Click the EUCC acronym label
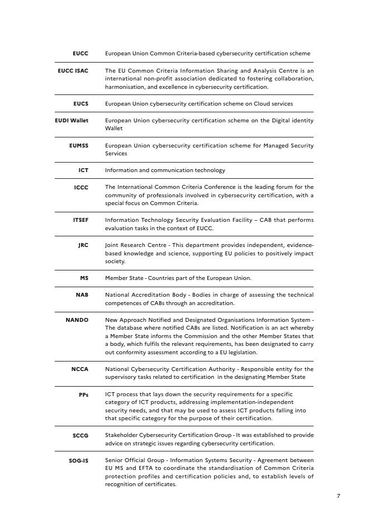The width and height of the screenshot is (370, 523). pyautogui.click(x=80, y=54)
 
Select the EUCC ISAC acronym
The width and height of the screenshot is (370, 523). pyautogui.click(x=73, y=71)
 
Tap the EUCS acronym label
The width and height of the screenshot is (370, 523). pyautogui.click(x=80, y=104)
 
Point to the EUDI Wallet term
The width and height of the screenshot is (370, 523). pyautogui.click(x=72, y=121)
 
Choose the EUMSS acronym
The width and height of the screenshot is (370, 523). pyautogui.click(x=79, y=146)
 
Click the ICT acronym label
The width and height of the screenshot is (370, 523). pyautogui.click(x=83, y=170)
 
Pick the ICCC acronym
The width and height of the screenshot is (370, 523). pyautogui.click(x=81, y=187)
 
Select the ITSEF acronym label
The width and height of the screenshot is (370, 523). pyautogui.click(x=80, y=220)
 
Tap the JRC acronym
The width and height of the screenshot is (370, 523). pyautogui.click(x=83, y=245)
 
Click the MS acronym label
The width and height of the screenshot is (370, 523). pyautogui.click(x=84, y=278)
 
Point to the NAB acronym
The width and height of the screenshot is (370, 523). pyautogui.click(x=82, y=295)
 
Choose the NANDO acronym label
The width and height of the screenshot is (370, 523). pyautogui.click(x=77, y=320)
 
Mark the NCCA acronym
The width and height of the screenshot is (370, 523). pyautogui.click(x=80, y=369)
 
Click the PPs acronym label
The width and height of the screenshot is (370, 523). pyautogui.click(x=83, y=394)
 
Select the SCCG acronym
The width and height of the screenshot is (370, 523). pyautogui.click(x=80, y=435)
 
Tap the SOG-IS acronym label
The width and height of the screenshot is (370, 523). pyautogui.click(x=78, y=460)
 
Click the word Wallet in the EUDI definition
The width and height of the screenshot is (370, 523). pyautogui.click(x=114, y=129)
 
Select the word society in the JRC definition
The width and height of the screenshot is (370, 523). pyautogui.click(x=115, y=261)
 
